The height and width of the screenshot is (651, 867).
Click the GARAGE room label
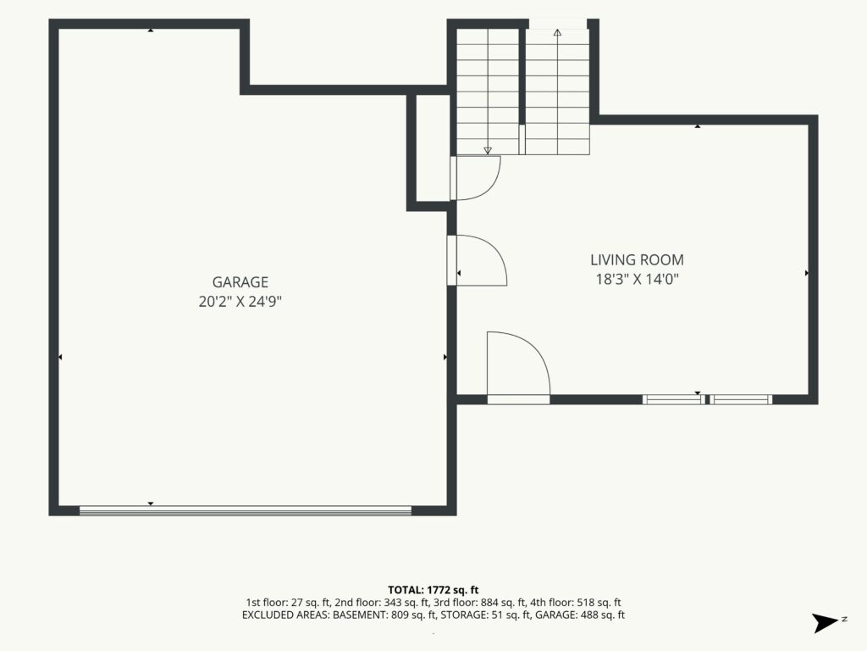240,282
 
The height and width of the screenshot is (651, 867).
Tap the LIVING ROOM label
637,259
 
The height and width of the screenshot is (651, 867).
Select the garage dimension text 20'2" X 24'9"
240,302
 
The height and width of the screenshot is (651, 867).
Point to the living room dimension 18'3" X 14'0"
637,279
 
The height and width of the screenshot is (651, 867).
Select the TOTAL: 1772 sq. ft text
433,590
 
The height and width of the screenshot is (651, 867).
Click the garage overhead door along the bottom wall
246,511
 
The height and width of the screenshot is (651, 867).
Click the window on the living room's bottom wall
707,399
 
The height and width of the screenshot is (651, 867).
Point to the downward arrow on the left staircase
488,150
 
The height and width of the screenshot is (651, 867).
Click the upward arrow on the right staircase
557,33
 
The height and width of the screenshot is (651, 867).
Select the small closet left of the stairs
432,147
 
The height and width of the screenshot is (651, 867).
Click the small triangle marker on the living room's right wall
807,273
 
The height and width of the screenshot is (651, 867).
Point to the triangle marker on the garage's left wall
60,357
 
